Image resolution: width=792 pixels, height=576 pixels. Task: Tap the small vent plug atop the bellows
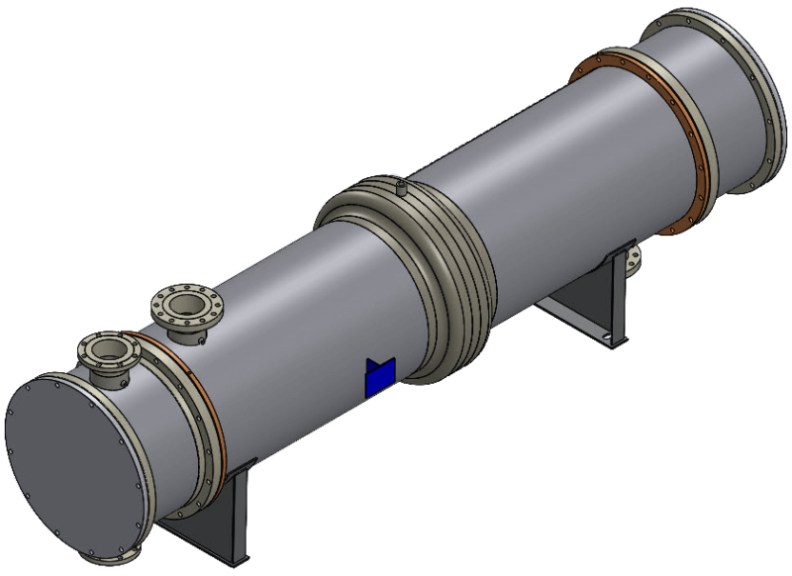click(401, 185)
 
